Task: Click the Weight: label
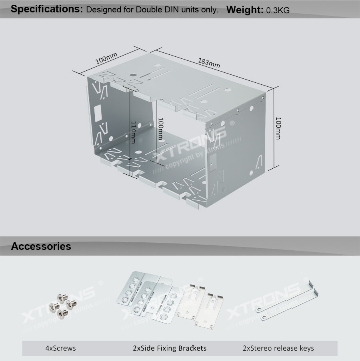click(245, 10)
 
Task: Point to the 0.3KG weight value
click(278, 10)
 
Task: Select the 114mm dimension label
click(133, 132)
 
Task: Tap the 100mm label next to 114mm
click(160, 128)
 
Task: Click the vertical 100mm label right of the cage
click(278, 128)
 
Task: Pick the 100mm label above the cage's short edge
click(106, 59)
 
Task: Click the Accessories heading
click(41, 246)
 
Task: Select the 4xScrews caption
click(60, 348)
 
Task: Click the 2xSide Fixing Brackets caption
click(170, 348)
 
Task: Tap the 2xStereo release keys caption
click(278, 348)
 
